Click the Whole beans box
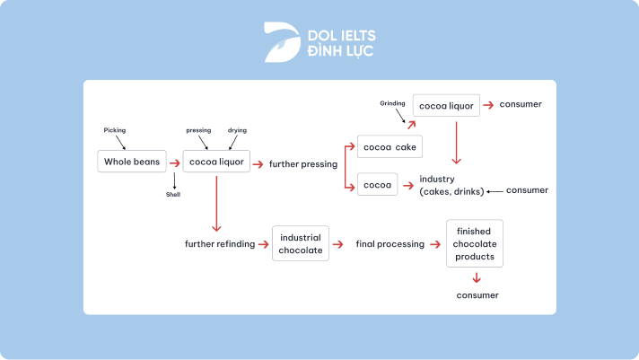point(132,162)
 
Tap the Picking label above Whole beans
point(115,130)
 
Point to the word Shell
point(173,194)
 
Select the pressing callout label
point(198,130)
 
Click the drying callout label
point(237,130)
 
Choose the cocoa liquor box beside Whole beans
point(216,162)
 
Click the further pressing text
point(303,164)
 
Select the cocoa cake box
point(390,146)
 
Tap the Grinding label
point(393,103)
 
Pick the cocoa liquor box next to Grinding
point(445,105)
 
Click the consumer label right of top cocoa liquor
point(521,105)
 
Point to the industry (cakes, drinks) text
point(451,185)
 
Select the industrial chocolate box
point(301,244)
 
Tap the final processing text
point(389,244)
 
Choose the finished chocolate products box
point(475,243)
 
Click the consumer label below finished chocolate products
point(477,294)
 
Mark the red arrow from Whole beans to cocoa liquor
point(174,163)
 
